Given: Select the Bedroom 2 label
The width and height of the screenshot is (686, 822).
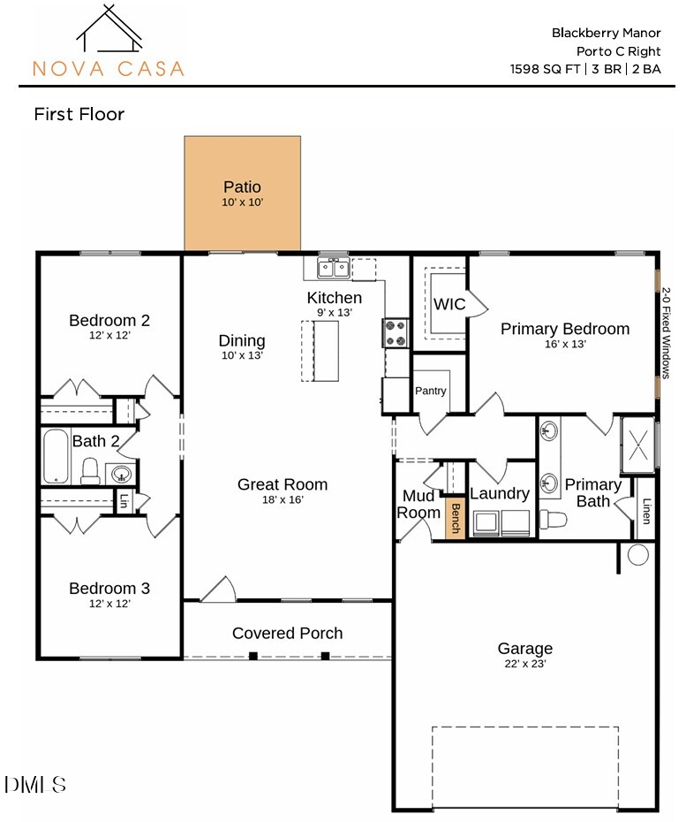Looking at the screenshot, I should [x=109, y=320].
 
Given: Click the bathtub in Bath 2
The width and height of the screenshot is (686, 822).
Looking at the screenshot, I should [x=56, y=456].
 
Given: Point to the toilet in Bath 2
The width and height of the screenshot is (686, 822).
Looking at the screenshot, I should [x=91, y=470].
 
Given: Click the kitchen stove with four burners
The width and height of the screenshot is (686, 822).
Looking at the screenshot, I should [x=395, y=333].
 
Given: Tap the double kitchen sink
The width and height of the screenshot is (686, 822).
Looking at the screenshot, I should [x=334, y=267].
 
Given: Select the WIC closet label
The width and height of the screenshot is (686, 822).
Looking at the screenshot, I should [x=449, y=304].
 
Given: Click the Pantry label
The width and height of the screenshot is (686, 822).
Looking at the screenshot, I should [x=431, y=391].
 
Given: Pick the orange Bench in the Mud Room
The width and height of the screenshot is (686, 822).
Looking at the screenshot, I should [x=456, y=519].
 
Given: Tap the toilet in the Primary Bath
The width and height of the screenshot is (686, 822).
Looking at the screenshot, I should [x=554, y=517].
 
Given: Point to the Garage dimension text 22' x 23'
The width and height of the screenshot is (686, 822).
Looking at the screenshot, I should [x=524, y=664].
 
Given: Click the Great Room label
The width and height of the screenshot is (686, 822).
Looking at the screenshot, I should [x=283, y=484].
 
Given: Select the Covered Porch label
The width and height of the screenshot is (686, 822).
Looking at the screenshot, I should [x=287, y=633].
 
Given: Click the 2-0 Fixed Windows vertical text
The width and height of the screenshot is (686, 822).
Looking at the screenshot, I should [x=667, y=331].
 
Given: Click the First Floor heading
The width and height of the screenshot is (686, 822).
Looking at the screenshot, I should [x=79, y=114].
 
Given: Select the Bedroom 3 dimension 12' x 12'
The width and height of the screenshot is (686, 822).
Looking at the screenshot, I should [x=109, y=604].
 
